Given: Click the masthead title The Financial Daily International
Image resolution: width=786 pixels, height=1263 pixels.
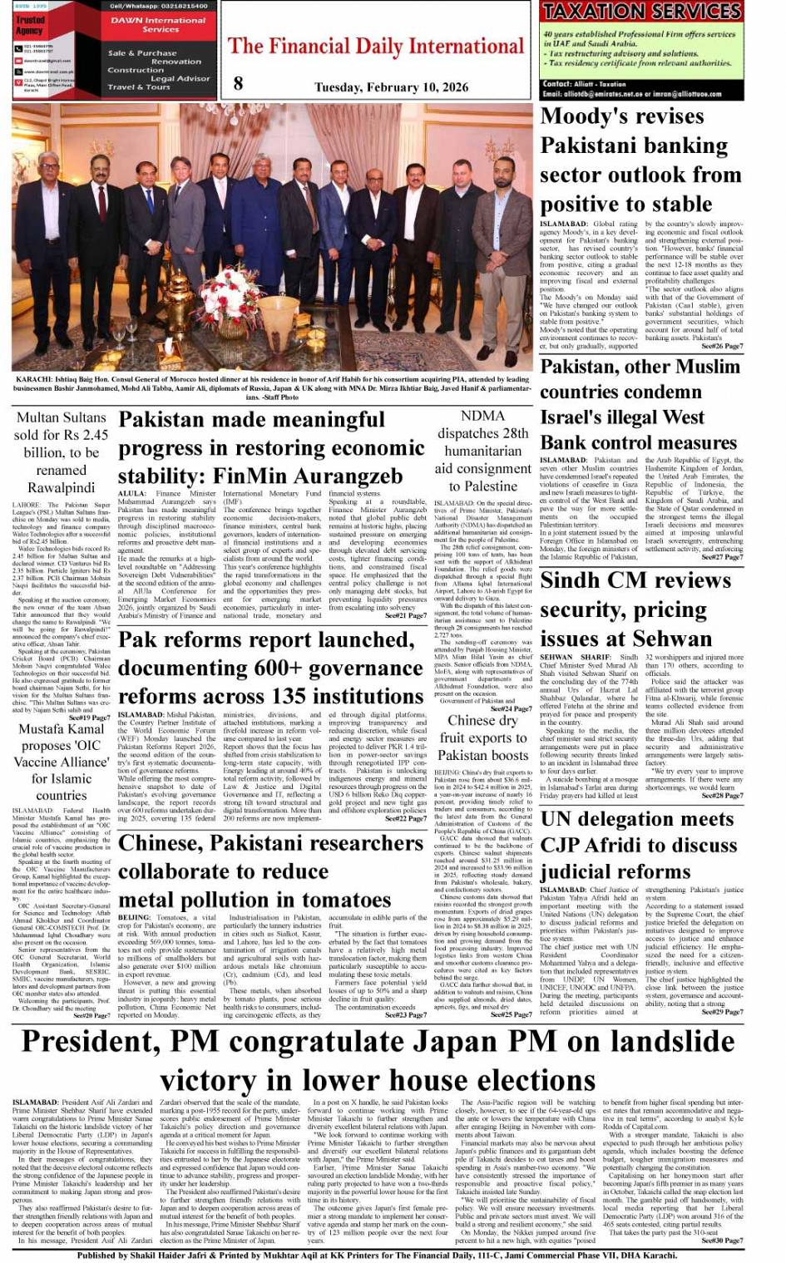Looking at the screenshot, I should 377,47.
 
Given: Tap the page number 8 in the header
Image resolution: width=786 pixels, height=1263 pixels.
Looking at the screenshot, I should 239,82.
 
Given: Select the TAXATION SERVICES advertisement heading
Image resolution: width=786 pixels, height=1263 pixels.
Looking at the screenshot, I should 641,12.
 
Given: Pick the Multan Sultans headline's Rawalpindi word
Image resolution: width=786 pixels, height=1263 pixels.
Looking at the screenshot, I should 62,488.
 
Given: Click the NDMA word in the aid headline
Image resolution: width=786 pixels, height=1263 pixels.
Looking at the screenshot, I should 482,416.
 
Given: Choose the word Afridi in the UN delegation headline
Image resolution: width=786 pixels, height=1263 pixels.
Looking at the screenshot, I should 617,846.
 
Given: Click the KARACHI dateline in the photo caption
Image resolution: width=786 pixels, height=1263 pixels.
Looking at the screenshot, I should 32,379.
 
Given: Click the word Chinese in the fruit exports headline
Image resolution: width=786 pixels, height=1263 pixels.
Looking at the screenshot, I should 471,720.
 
